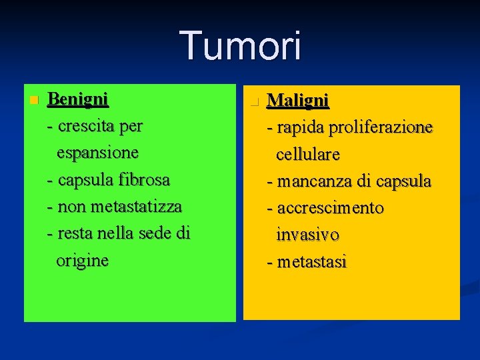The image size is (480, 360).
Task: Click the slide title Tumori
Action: tap(241, 46)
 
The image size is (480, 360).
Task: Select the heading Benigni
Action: tap(78, 99)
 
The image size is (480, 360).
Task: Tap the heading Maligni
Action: tap(297, 101)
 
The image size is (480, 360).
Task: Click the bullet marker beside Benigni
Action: tap(34, 101)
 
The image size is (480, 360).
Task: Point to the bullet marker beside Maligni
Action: tap(253, 102)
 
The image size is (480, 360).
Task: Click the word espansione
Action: tap(97, 152)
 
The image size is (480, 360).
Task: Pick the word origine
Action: tap(82, 260)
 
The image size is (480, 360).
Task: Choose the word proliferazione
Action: tap(379, 127)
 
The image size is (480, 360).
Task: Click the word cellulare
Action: tap(308, 154)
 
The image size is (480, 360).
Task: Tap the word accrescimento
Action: tap(331, 208)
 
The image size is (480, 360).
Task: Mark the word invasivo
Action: tap(307, 235)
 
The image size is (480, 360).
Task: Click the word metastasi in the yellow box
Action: tap(312, 262)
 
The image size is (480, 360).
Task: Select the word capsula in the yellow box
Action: tap(403, 181)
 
